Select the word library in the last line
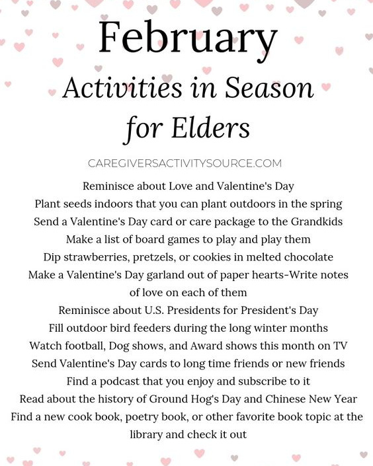[150, 435]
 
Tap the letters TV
[341, 346]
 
